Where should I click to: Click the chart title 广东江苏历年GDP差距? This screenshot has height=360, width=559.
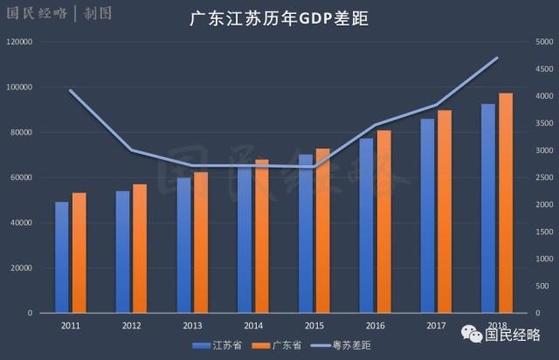tap(279, 19)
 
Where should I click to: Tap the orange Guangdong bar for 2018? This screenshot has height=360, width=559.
tap(506, 203)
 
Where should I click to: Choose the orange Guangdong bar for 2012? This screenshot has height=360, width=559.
tap(140, 248)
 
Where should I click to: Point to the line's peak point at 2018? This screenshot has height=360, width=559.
tap(497, 58)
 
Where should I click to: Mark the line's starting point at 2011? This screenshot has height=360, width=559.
tap(70, 91)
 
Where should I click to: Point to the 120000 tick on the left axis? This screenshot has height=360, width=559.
tap(18, 42)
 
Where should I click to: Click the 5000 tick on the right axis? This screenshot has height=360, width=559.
tap(545, 42)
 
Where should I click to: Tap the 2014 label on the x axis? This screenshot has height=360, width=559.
tap(253, 325)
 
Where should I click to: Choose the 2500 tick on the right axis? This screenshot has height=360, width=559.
tap(545, 177)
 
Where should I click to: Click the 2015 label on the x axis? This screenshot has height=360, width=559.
tap(314, 325)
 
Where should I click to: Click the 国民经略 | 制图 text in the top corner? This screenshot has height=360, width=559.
tap(45, 13)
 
